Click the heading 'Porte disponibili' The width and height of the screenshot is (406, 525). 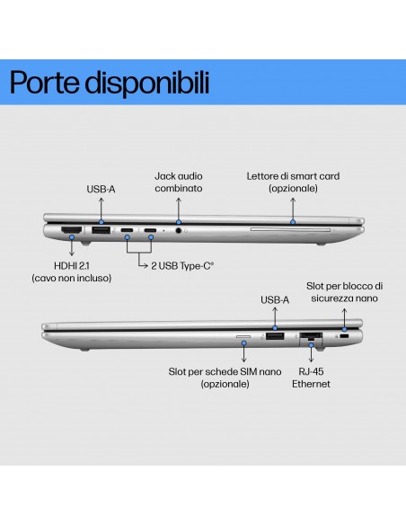coord(110,83)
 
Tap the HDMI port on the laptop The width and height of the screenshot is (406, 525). coord(71,230)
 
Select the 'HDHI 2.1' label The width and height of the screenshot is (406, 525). coord(72,266)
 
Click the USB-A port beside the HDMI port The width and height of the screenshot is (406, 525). coord(101,230)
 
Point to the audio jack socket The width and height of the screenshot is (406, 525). coord(179,230)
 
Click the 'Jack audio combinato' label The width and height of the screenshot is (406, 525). coord(179,182)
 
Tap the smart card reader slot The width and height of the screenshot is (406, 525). coord(290,230)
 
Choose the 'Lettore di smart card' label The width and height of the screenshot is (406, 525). coord(293,176)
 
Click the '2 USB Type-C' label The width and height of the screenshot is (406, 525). coord(182,266)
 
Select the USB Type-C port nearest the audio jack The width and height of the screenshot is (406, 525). coord(150,230)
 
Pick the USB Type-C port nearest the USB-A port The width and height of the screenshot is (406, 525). coord(127,230)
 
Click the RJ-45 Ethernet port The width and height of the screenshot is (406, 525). coord(311,336)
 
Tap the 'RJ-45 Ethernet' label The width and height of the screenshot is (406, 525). coord(311,378)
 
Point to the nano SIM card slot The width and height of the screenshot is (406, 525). coord(243,336)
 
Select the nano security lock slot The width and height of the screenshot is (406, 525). coord(344,336)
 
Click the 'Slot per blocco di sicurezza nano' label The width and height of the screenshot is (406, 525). coord(344,292)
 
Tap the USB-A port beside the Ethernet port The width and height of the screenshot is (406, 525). coord(275,336)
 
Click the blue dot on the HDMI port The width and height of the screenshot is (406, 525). coord(72,237)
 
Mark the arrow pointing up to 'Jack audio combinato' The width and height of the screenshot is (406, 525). coord(179,209)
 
